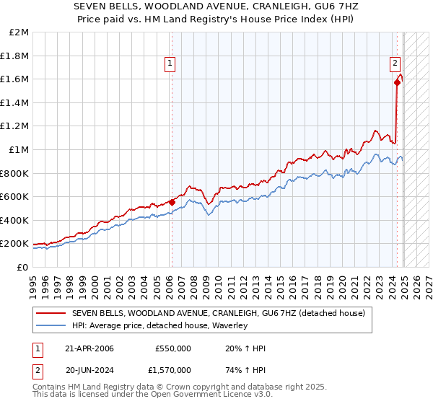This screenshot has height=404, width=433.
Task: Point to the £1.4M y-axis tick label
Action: coord(15,103)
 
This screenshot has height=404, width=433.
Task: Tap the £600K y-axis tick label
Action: coord(15,197)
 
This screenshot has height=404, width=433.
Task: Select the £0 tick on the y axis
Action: coord(22,267)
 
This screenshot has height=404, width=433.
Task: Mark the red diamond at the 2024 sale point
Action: coord(398,83)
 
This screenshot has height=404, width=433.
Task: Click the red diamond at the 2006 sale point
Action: coord(172,203)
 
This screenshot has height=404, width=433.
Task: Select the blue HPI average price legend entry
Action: coord(159,326)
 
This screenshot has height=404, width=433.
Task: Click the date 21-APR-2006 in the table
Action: coord(89,348)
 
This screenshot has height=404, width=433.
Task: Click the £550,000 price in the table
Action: coord(173,348)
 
